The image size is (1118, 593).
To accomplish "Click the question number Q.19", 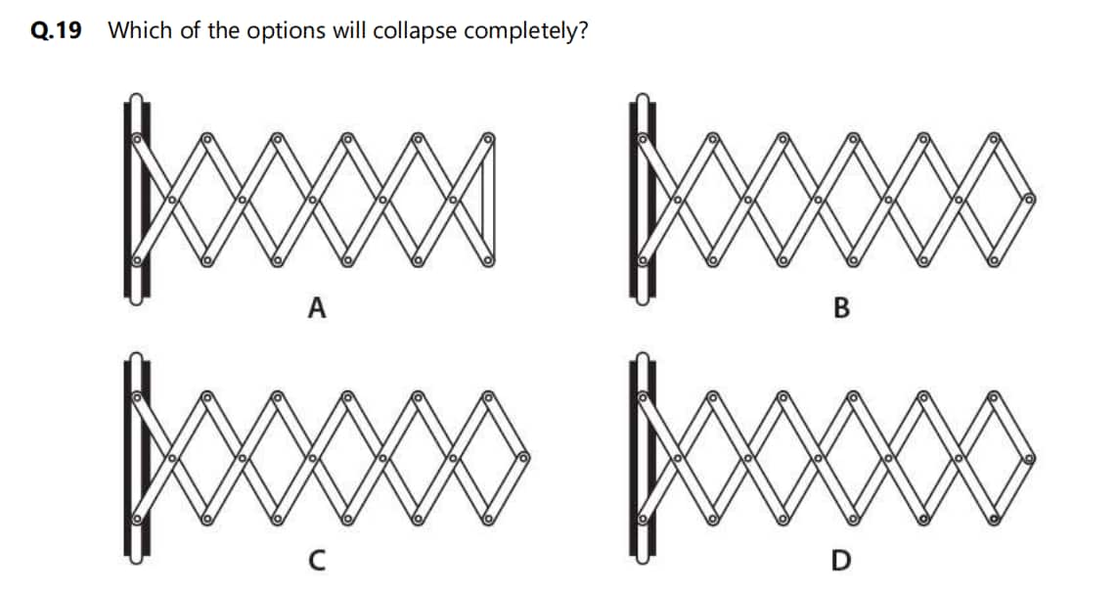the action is pos(57,30).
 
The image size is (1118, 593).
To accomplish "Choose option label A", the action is pos(317,307).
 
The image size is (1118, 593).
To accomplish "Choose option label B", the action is pos(841,307).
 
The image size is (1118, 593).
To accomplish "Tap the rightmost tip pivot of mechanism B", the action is pos(1029,199).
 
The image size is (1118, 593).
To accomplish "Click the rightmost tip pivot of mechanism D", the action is pos(1029,457).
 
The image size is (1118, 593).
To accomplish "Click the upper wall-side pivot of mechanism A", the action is pos(136,138).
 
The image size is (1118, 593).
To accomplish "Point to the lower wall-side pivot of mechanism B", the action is pos(642,261).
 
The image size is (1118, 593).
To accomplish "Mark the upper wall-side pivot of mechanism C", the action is pos(136,396).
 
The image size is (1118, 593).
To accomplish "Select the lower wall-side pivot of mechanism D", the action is pos(642,519).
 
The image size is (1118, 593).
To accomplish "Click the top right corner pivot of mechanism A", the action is pos(488,138).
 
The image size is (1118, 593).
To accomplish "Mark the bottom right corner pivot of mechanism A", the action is pos(488,261).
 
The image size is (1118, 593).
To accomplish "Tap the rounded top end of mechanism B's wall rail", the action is pos(642,99).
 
